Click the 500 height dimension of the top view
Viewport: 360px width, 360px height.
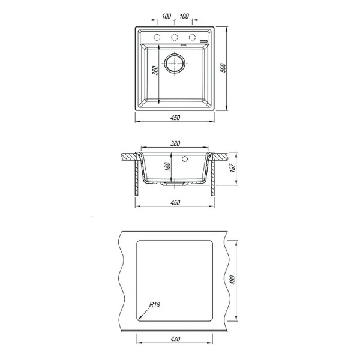point(223,68)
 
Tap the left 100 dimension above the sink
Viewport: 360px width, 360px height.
point(166,16)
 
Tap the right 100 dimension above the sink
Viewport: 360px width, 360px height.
point(185,16)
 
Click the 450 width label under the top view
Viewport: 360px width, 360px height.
point(175,118)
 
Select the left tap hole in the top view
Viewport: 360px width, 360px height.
point(157,38)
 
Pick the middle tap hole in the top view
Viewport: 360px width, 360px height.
point(176,38)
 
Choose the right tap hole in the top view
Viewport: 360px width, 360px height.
point(193,38)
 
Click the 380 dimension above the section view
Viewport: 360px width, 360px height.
point(175,144)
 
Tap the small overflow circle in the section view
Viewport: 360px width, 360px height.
point(185,160)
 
